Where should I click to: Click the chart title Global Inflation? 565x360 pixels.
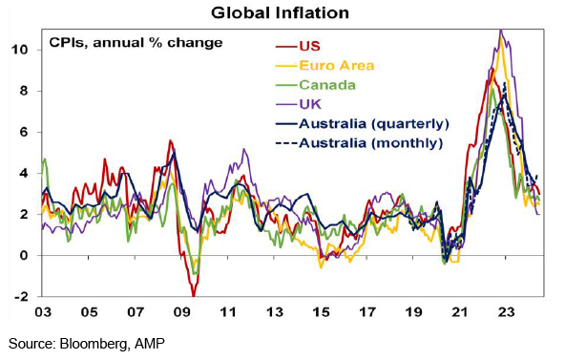tap(280, 13)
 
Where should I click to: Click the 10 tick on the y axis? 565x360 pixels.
tap(20, 50)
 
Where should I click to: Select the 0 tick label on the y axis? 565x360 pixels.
tap(24, 256)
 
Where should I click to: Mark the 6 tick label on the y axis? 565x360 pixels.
tap(24, 132)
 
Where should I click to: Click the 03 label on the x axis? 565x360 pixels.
tap(43, 312)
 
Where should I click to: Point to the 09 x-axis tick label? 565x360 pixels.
tap(181, 312)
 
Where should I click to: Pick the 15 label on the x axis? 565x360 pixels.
tap(321, 312)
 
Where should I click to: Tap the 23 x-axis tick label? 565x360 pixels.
tap(506, 312)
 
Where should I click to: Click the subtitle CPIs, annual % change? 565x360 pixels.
tap(136, 43)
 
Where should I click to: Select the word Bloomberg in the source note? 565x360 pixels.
tap(94, 343)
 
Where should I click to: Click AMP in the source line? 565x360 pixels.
tap(149, 343)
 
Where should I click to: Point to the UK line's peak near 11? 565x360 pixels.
tap(500, 31)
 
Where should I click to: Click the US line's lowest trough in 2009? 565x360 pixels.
tap(194, 295)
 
